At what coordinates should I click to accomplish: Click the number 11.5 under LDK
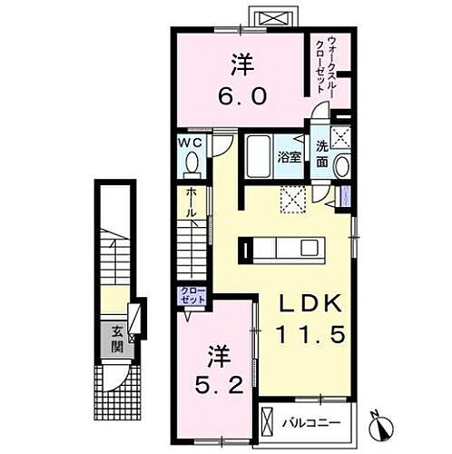pyautogui.click(x=304, y=336)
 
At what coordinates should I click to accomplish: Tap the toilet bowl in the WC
pyautogui.click(x=192, y=164)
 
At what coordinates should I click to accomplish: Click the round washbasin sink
pyautogui.click(x=340, y=166)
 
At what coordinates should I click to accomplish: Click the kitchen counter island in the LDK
pyautogui.click(x=282, y=248)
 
